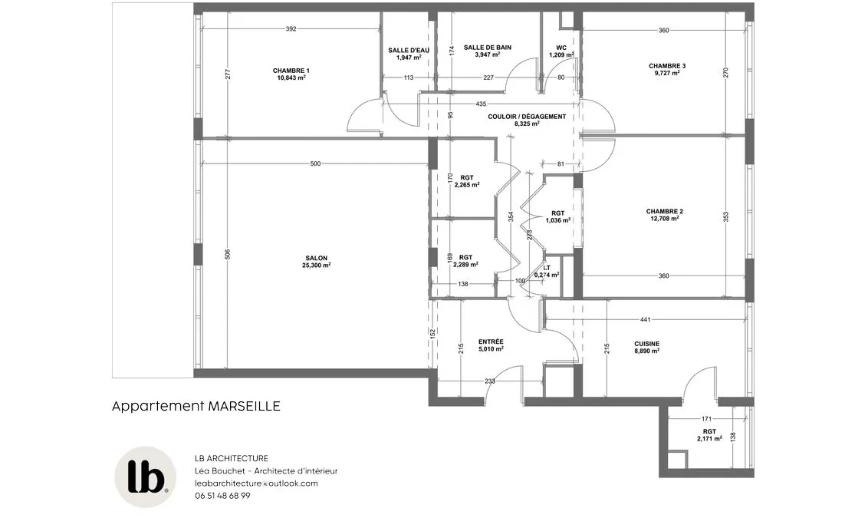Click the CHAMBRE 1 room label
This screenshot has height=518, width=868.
pyautogui.click(x=291, y=71)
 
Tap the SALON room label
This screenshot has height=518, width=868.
pyautogui.click(x=316, y=258)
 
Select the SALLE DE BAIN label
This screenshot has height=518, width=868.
pyautogui.click(x=488, y=48)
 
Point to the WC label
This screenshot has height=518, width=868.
pyautogui.click(x=561, y=48)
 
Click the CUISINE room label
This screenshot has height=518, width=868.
pyautogui.click(x=646, y=344)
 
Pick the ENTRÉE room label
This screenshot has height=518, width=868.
pyautogui.click(x=491, y=341)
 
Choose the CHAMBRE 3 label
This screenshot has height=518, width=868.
pyautogui.click(x=667, y=66)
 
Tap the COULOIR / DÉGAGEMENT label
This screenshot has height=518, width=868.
pyautogui.click(x=527, y=117)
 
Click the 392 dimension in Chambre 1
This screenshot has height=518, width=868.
pyautogui.click(x=291, y=29)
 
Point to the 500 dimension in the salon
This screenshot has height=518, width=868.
pyautogui.click(x=315, y=163)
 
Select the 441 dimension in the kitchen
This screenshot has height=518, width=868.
pyautogui.click(x=645, y=320)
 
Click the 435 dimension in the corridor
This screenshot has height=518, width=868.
pyautogui.click(x=481, y=104)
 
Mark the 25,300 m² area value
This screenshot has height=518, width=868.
pyautogui.click(x=316, y=266)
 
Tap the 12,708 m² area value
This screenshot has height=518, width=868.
pyautogui.click(x=664, y=218)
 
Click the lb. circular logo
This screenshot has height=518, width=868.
pyautogui.click(x=146, y=477)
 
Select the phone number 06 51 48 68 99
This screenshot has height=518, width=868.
pyautogui.click(x=222, y=496)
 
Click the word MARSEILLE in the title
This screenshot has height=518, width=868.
pyautogui.click(x=244, y=406)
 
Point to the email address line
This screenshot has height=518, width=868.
pyautogui.click(x=256, y=483)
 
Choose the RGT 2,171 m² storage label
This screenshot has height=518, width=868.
pyautogui.click(x=709, y=435)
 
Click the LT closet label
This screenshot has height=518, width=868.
pyautogui.click(x=547, y=268)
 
